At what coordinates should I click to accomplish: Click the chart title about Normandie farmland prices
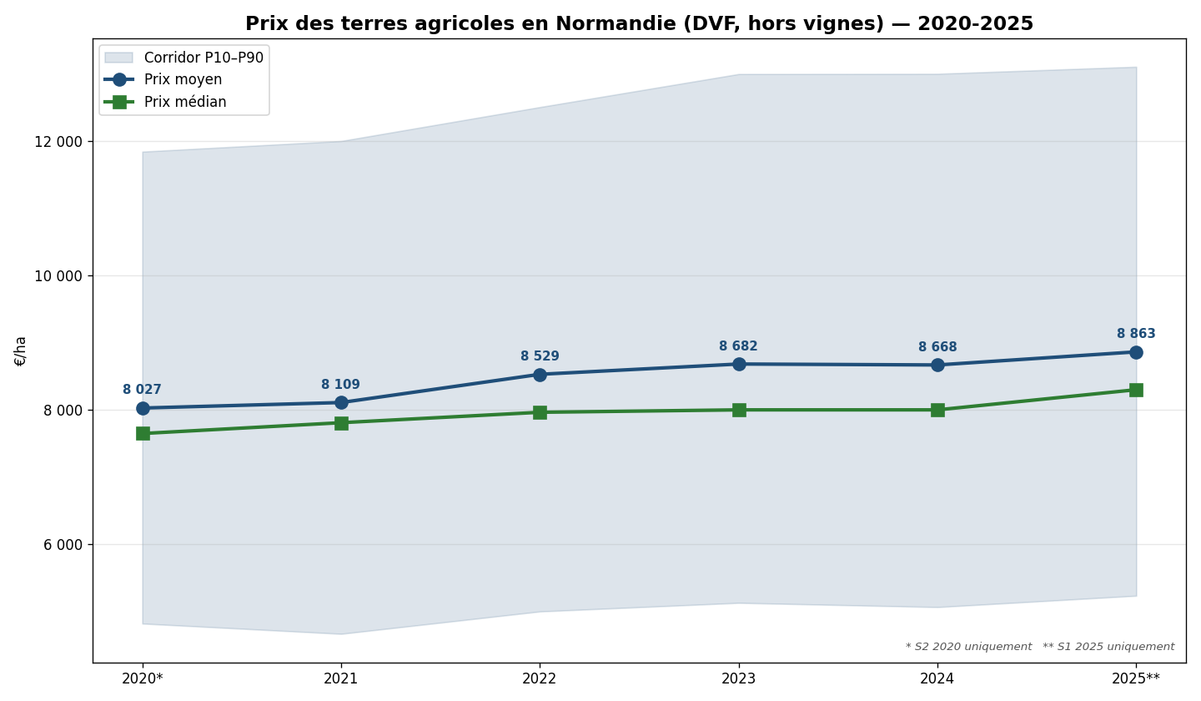point(639,24)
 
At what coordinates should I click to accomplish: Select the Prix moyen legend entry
point(183,80)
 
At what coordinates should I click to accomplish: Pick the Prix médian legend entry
point(184,103)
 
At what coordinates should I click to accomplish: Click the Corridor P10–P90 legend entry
point(203,58)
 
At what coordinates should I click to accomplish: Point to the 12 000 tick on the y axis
point(58,142)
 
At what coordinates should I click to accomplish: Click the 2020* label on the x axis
point(143,678)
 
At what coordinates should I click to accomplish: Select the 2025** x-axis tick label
point(1135,678)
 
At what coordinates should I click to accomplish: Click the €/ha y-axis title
point(21,350)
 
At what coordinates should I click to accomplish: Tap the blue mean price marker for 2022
point(540,375)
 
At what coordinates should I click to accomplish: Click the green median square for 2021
point(341,423)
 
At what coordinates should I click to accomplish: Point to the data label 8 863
point(1136,334)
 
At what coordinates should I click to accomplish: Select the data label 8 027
point(142,390)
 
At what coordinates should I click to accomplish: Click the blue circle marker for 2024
point(937,365)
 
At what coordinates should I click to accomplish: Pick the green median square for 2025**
point(1136,390)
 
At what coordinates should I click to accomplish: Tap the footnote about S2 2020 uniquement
point(968,647)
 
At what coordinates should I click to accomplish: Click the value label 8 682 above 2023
point(738,346)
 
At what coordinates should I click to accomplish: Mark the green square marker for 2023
point(739,410)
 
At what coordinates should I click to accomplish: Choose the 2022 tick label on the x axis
point(540,678)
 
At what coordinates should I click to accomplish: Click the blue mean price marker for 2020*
point(143,408)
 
